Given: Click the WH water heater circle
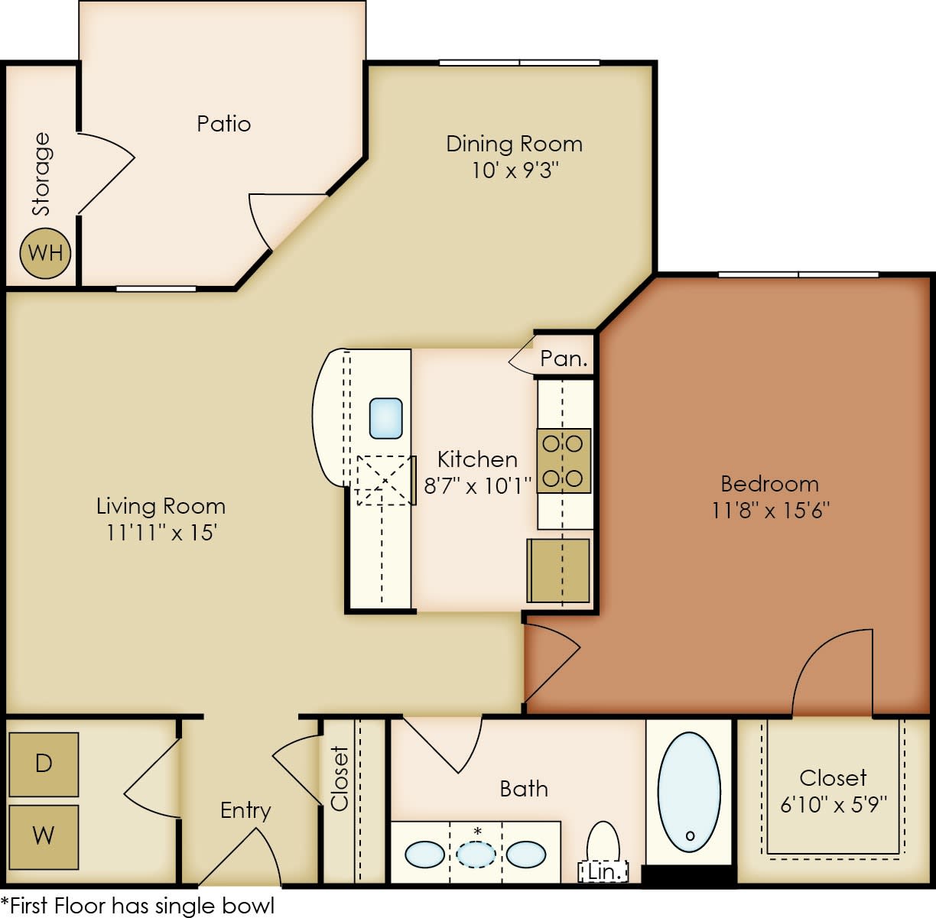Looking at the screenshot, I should [45, 253].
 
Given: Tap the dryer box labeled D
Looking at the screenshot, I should [44, 764].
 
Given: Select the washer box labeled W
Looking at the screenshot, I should [44, 836].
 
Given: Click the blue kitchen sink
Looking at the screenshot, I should [385, 418].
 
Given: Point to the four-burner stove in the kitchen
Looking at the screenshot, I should [564, 461].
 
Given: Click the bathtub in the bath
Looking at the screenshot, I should [689, 792].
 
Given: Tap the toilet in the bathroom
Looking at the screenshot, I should [603, 844].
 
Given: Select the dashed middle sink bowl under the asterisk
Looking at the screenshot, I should [476, 854].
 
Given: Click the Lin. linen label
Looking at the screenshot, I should [603, 871].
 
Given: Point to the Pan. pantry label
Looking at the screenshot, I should [564, 358].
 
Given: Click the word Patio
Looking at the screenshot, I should [223, 124].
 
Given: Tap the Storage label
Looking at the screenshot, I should [41, 174].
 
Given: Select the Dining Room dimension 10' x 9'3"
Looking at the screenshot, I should [515, 170].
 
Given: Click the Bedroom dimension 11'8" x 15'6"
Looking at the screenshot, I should [770, 510].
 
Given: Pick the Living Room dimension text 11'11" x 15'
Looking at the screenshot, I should [161, 532].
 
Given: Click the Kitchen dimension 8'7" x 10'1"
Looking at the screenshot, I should [477, 485].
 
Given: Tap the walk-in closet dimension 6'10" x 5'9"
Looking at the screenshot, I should [834, 804].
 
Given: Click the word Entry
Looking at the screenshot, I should [245, 810].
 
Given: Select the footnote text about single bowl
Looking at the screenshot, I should [138, 906].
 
